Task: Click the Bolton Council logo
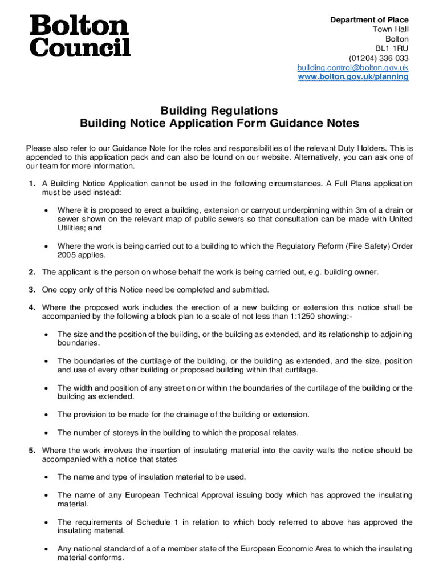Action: click(x=80, y=36)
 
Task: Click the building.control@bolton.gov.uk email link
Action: click(x=353, y=67)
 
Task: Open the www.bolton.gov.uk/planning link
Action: click(x=353, y=76)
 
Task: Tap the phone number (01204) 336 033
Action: click(x=379, y=58)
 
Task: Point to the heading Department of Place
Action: click(x=369, y=20)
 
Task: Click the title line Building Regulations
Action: click(x=219, y=110)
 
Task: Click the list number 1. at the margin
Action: click(x=32, y=184)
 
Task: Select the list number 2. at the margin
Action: click(x=32, y=272)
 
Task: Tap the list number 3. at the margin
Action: click(x=32, y=290)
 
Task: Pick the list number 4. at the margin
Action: click(x=32, y=307)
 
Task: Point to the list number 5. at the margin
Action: click(x=32, y=451)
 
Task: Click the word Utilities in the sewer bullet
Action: click(x=71, y=228)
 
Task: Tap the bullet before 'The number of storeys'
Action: click(x=46, y=432)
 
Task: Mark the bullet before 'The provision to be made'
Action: click(x=46, y=415)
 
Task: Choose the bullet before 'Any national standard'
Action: click(x=46, y=549)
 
